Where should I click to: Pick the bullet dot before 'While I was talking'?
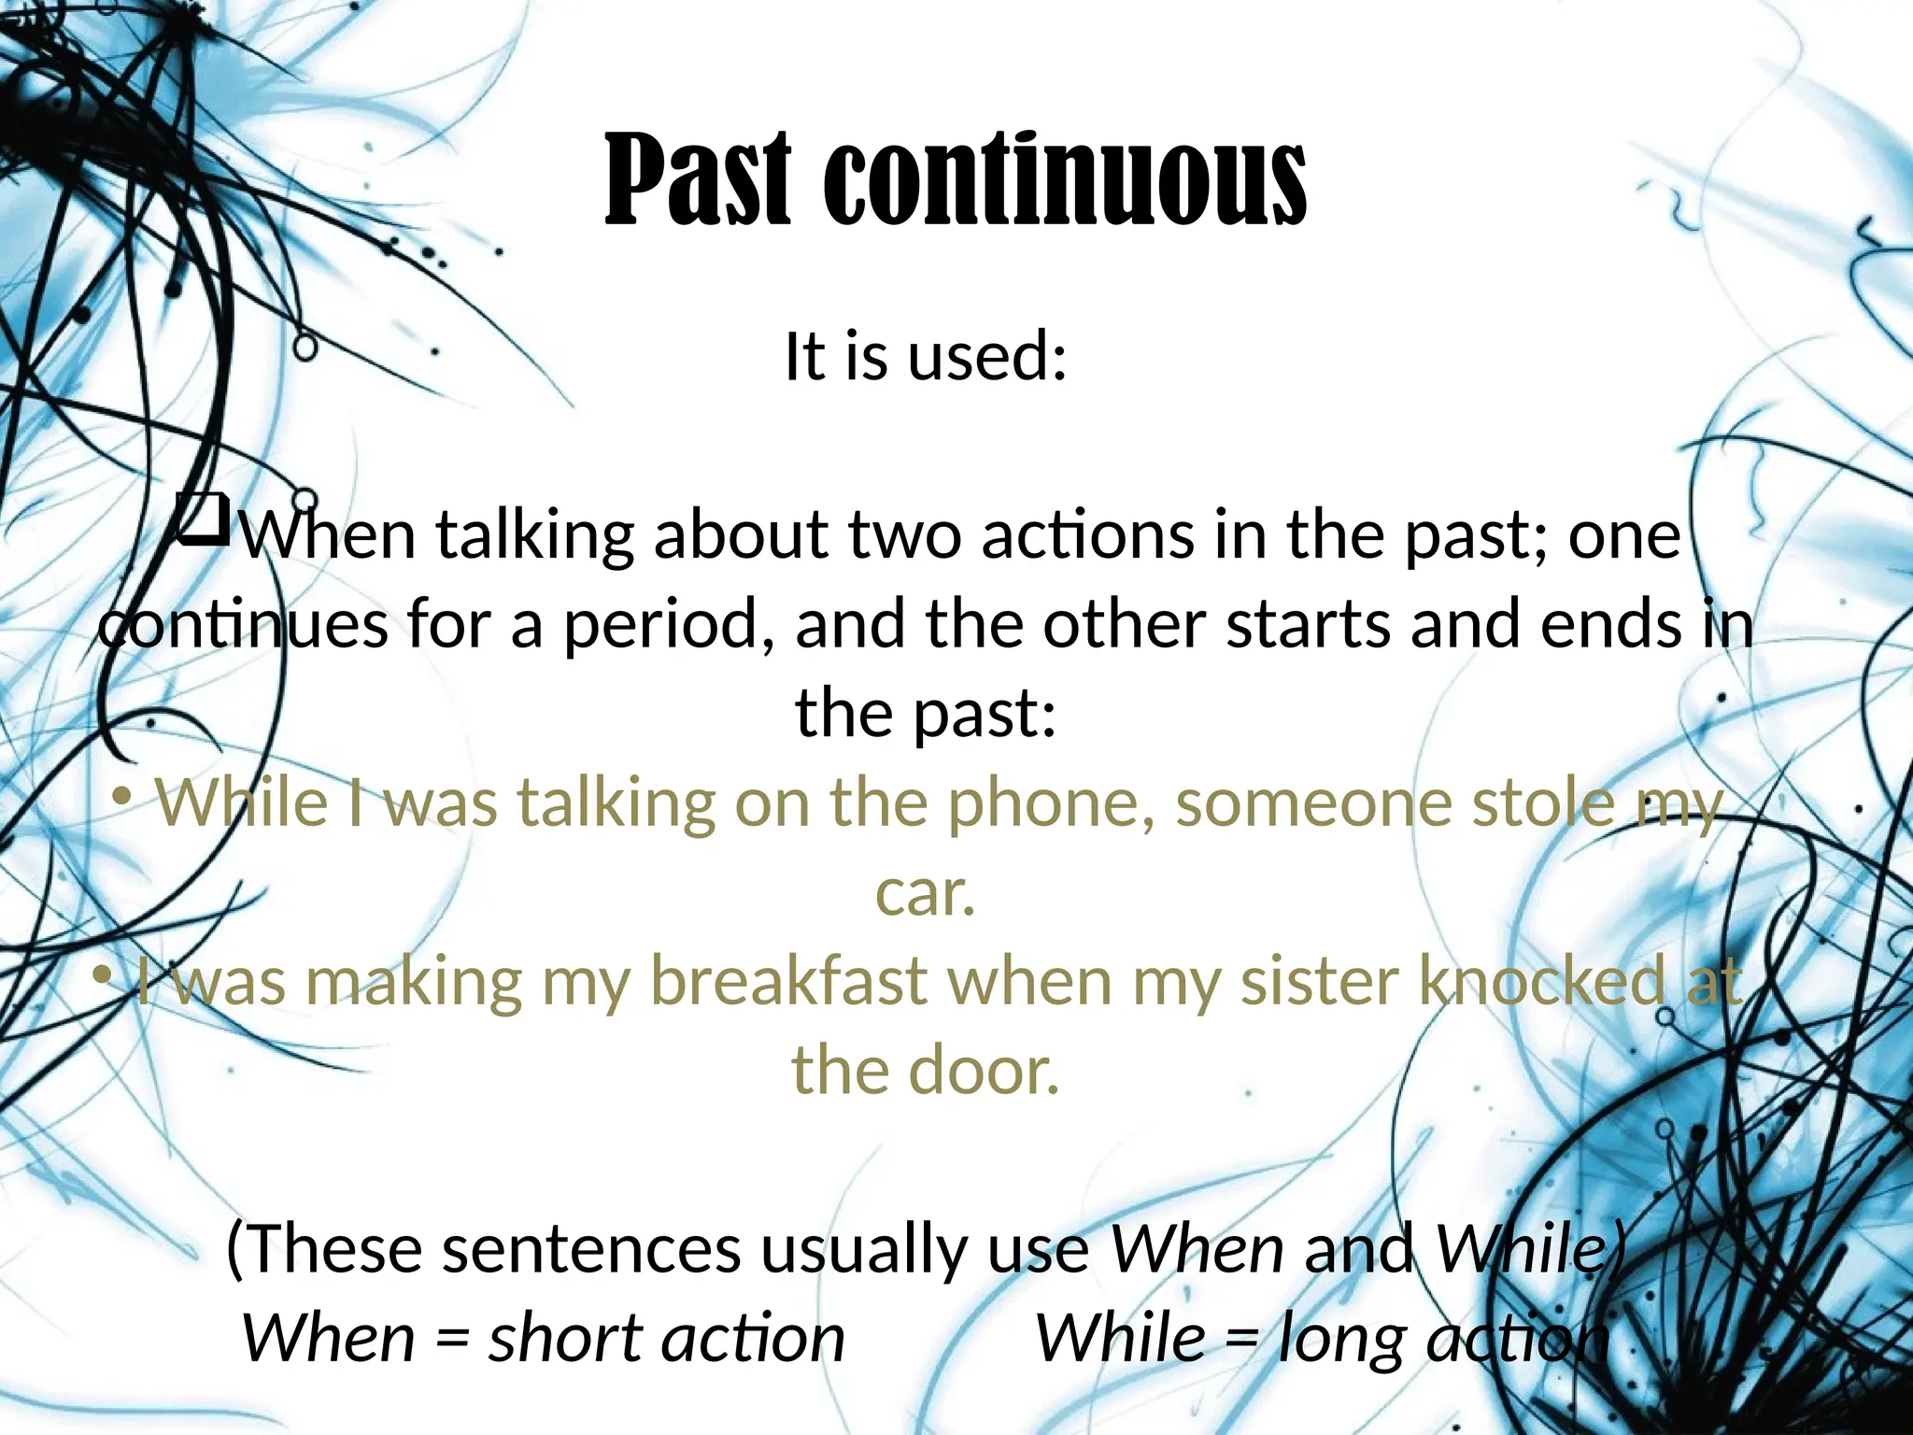tap(120, 798)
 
